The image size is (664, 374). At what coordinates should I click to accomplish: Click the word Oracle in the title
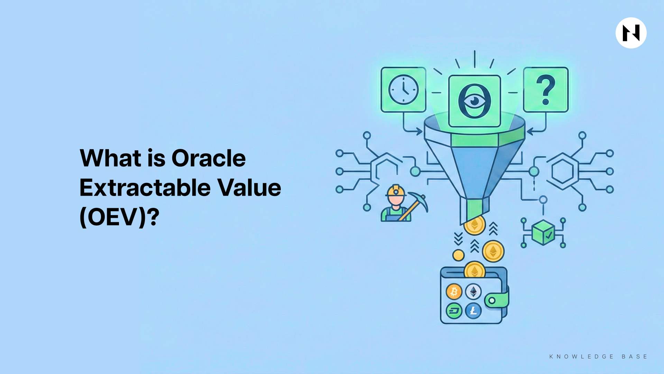pyautogui.click(x=209, y=158)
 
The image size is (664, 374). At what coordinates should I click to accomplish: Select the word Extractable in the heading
pyautogui.click(x=145, y=188)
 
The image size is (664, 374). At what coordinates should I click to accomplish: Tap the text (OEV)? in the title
pyautogui.click(x=120, y=217)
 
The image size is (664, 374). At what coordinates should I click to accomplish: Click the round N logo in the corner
pyautogui.click(x=631, y=33)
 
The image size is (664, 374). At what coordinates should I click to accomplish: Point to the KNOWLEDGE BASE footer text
pyautogui.click(x=598, y=356)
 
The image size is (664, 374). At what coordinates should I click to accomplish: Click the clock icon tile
pyautogui.click(x=403, y=90)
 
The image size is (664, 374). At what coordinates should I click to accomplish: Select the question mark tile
pyautogui.click(x=546, y=90)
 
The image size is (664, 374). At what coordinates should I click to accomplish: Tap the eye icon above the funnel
pyautogui.click(x=474, y=101)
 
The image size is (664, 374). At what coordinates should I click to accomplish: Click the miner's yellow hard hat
pyautogui.click(x=396, y=191)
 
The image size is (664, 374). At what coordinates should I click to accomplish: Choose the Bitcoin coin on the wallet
pyautogui.click(x=454, y=292)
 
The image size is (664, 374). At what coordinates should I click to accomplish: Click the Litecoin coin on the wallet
pyautogui.click(x=473, y=311)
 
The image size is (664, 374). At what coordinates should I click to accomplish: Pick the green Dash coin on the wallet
pyautogui.click(x=454, y=311)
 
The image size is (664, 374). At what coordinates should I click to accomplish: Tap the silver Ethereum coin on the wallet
pyautogui.click(x=473, y=292)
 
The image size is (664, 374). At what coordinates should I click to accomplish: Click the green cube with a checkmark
pyautogui.click(x=543, y=232)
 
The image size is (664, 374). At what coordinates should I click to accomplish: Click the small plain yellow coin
pyautogui.click(x=459, y=256)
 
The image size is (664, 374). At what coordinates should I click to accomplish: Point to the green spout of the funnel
pyautogui.click(x=474, y=210)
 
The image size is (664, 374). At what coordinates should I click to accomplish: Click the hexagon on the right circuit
pyautogui.click(x=562, y=171)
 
